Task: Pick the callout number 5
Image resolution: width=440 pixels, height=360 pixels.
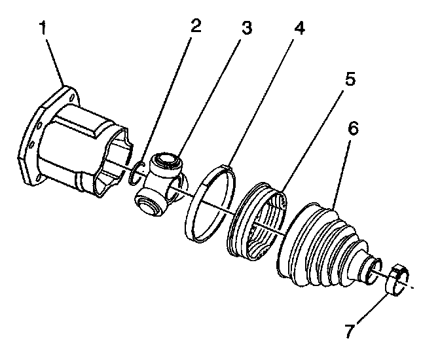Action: coord(350,80)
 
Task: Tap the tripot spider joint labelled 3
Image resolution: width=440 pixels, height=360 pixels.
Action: coord(160,184)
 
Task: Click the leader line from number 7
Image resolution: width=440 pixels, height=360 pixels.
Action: coord(370,307)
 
